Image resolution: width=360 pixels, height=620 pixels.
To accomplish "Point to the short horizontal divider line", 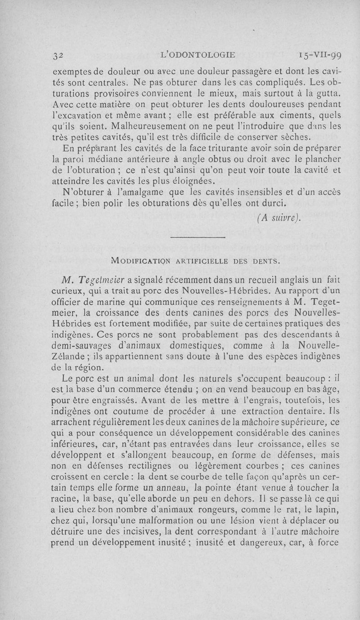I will click(x=198, y=237).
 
